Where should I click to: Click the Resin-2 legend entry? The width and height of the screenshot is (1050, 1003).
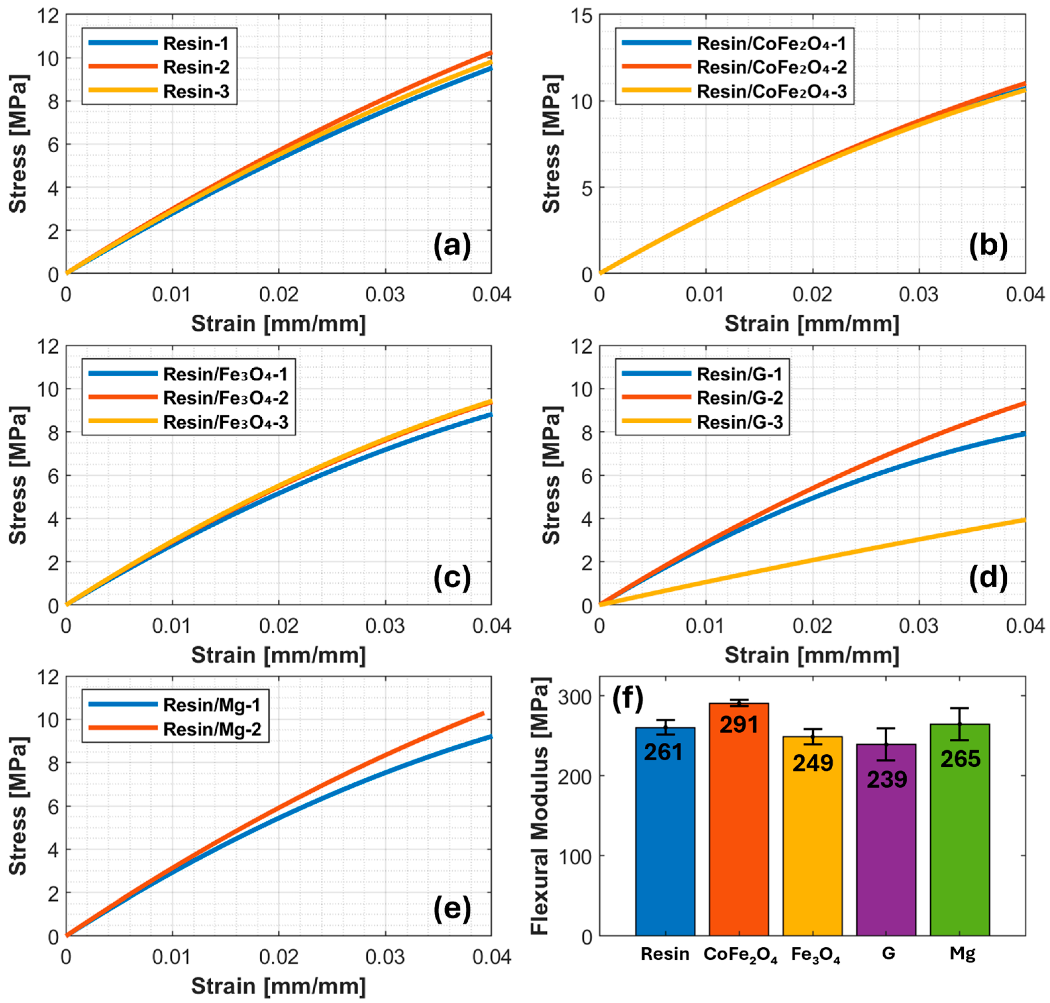point(196,67)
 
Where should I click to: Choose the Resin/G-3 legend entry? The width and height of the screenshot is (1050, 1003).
point(739,422)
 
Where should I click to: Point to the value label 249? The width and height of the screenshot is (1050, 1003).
point(812,763)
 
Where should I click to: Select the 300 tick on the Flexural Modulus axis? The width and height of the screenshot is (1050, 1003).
point(574,697)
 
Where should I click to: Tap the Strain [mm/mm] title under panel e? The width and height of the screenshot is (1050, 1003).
point(278,985)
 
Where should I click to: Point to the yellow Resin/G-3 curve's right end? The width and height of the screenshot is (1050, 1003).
point(1024,520)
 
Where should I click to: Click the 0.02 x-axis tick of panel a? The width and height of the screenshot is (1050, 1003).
point(278,295)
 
